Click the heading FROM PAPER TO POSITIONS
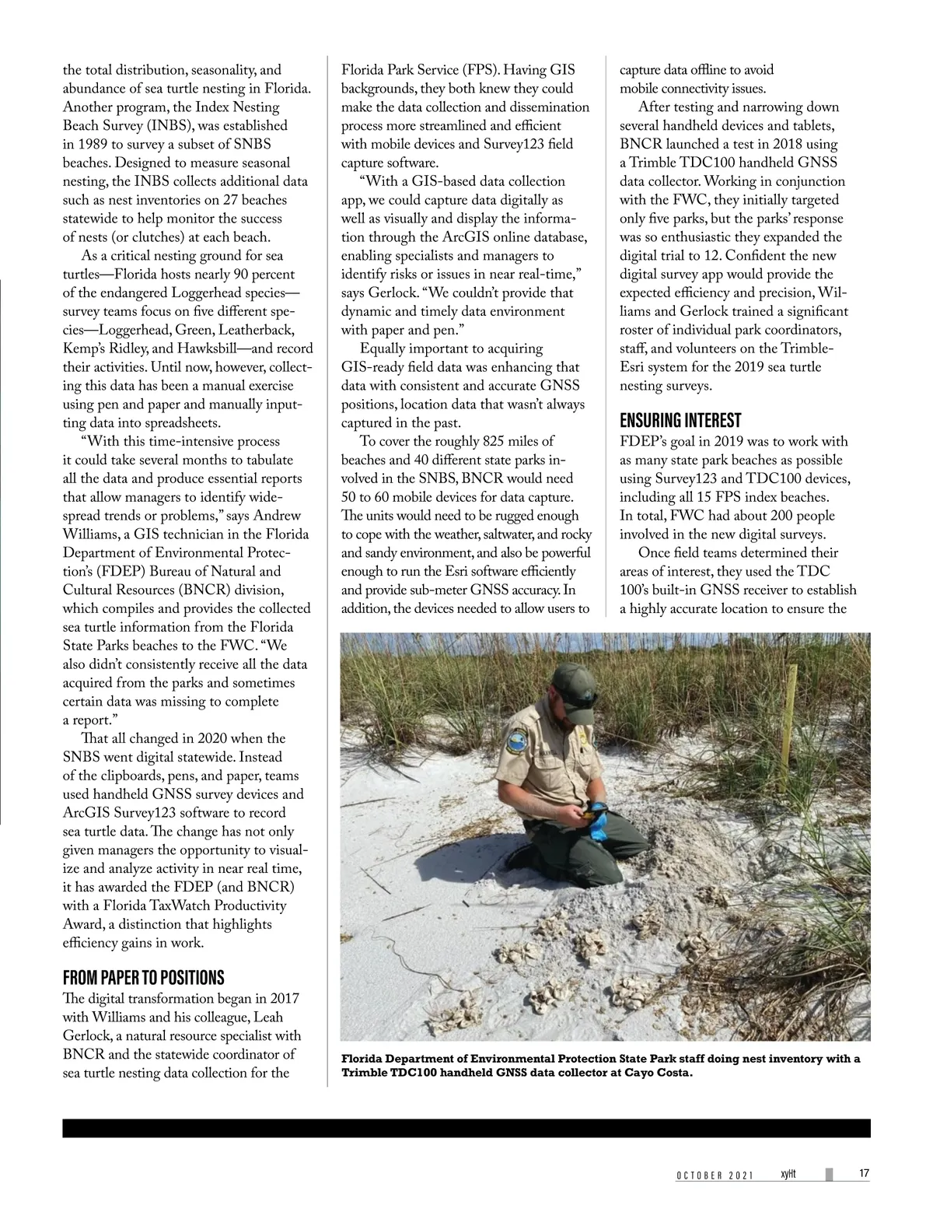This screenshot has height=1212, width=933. coord(143,977)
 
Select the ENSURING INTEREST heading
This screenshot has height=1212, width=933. coord(680,421)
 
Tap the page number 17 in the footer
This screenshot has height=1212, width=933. coord(864,1174)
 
